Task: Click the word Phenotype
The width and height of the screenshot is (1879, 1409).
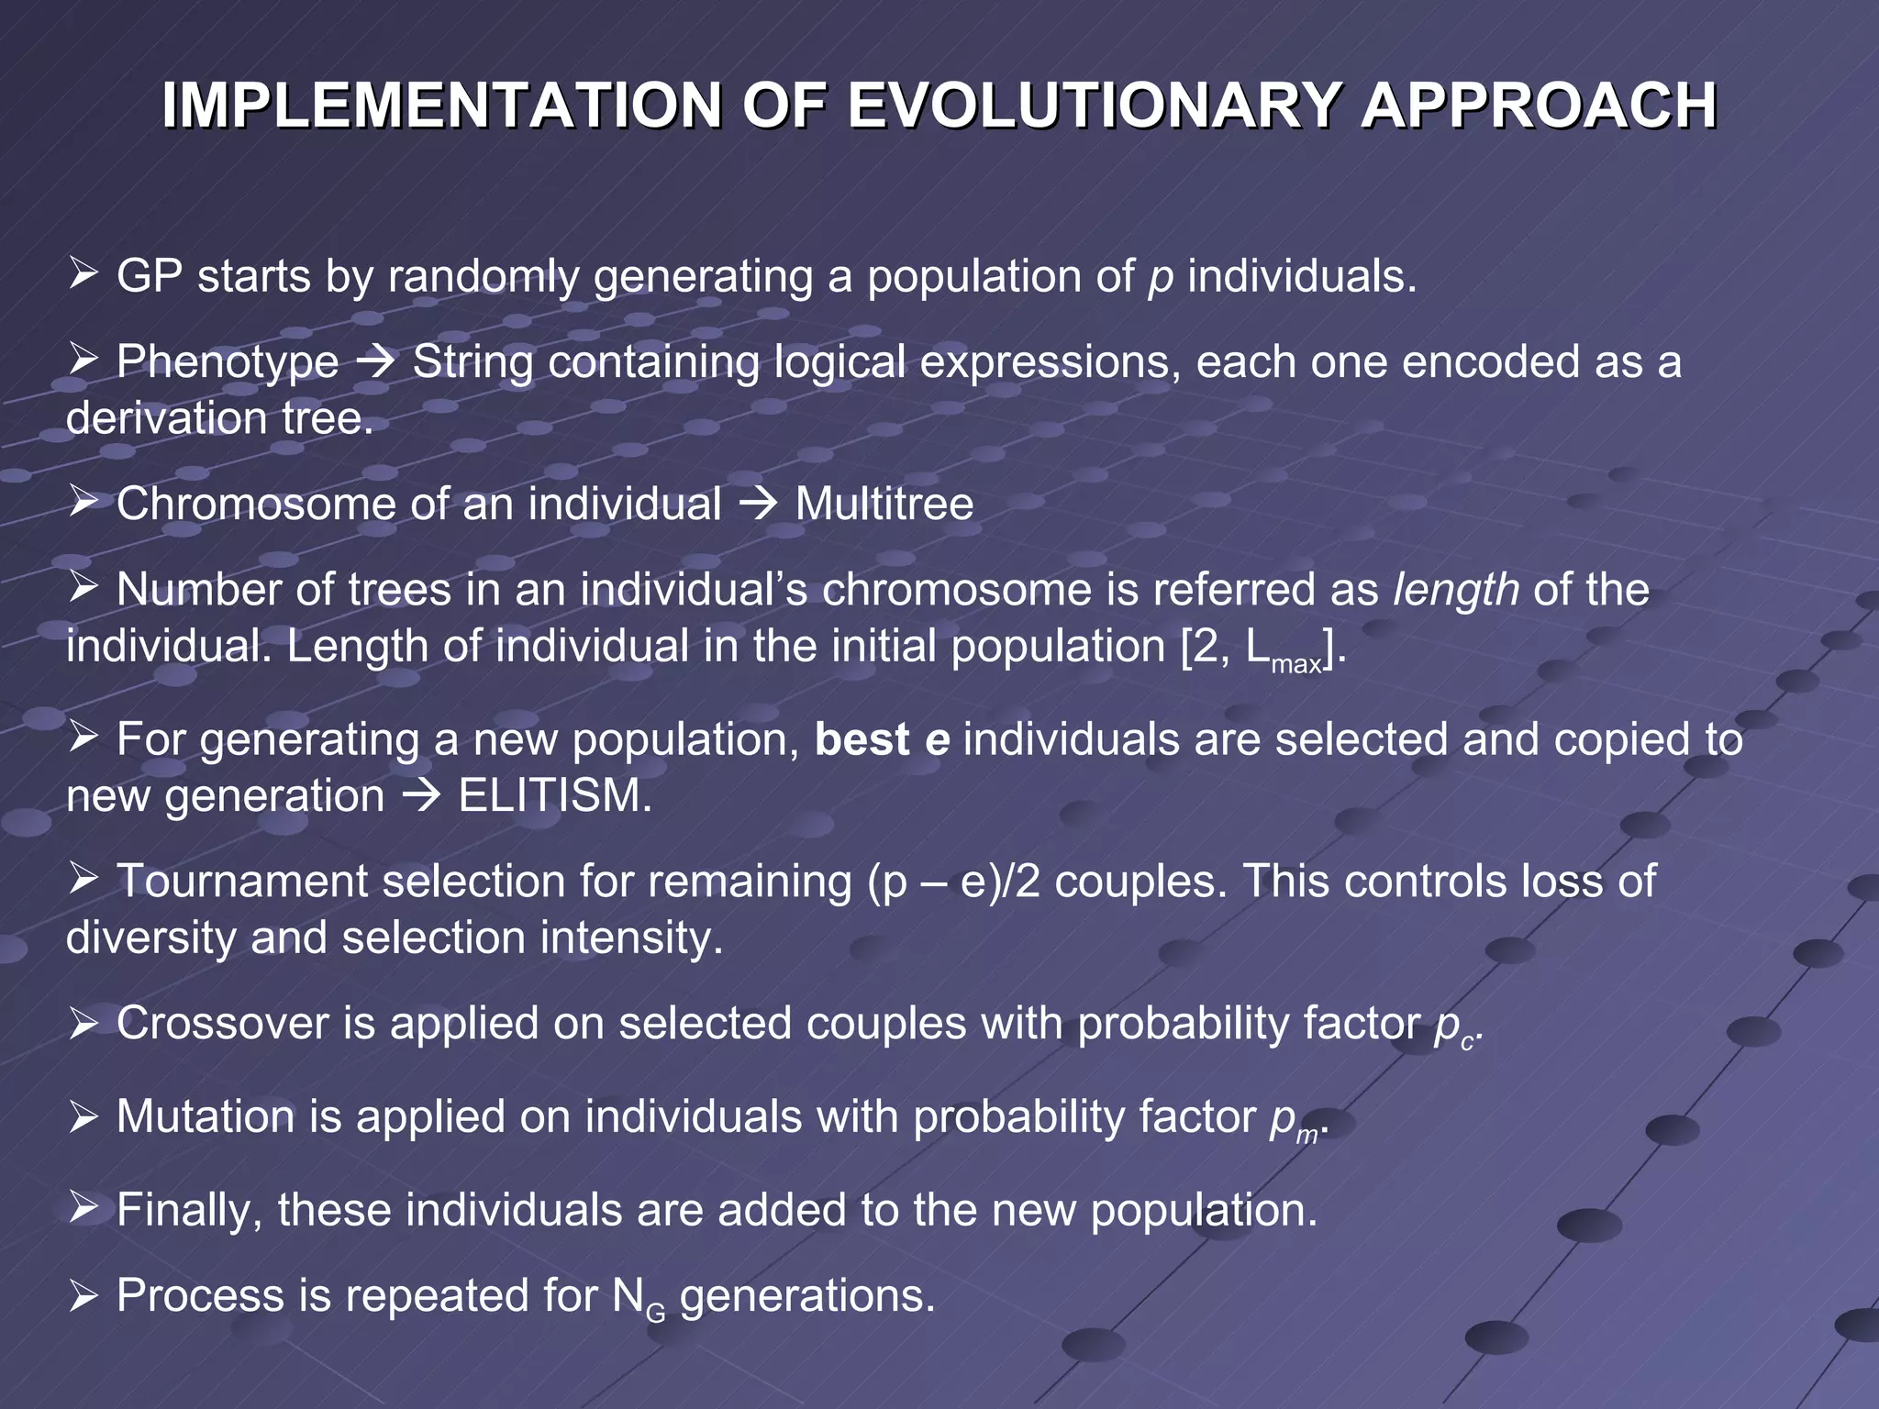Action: (x=227, y=361)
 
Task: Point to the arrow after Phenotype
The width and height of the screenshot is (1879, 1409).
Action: (x=375, y=363)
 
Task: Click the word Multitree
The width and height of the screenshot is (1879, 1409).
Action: (x=884, y=504)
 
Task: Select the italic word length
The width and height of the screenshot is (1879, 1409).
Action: (x=1455, y=590)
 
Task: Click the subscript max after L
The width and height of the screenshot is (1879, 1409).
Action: (x=1296, y=664)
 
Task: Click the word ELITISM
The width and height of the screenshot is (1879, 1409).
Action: (x=554, y=795)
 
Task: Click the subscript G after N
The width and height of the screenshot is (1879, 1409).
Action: (x=656, y=1314)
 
